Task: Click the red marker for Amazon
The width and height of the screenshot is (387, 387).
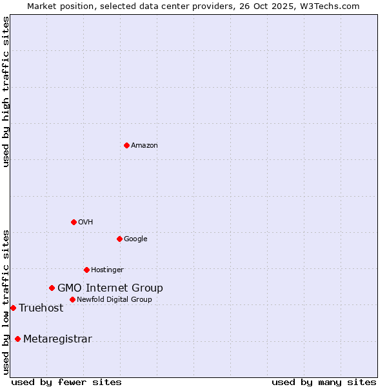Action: [x=126, y=145]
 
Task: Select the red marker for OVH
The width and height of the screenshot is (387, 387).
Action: [x=74, y=222]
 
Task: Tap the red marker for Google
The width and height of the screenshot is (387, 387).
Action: [x=119, y=239]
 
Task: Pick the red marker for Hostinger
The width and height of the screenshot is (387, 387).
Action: [x=86, y=270]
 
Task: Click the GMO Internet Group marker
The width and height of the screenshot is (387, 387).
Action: [x=52, y=288]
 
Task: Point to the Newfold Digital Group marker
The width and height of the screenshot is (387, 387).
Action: [x=72, y=299]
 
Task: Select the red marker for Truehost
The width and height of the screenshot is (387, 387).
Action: [x=13, y=308]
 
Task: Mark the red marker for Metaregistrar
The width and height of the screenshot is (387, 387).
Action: [x=17, y=339]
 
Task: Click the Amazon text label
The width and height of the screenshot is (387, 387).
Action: [x=144, y=146]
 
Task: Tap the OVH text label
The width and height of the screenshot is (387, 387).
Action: [x=86, y=223]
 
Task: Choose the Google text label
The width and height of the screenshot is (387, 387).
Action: [x=135, y=239]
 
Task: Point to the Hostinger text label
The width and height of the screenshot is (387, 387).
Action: [x=107, y=270]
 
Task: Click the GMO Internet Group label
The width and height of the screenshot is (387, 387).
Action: [x=110, y=288]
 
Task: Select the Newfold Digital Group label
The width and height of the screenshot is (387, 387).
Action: [x=114, y=300]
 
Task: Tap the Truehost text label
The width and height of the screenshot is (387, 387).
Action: [x=41, y=308]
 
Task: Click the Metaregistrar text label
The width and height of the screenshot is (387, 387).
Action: [x=57, y=339]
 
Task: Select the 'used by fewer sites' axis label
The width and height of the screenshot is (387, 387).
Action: [x=66, y=382]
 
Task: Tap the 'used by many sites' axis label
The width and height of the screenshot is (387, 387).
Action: [x=324, y=382]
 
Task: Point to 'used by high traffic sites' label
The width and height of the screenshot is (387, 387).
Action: [x=6, y=92]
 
